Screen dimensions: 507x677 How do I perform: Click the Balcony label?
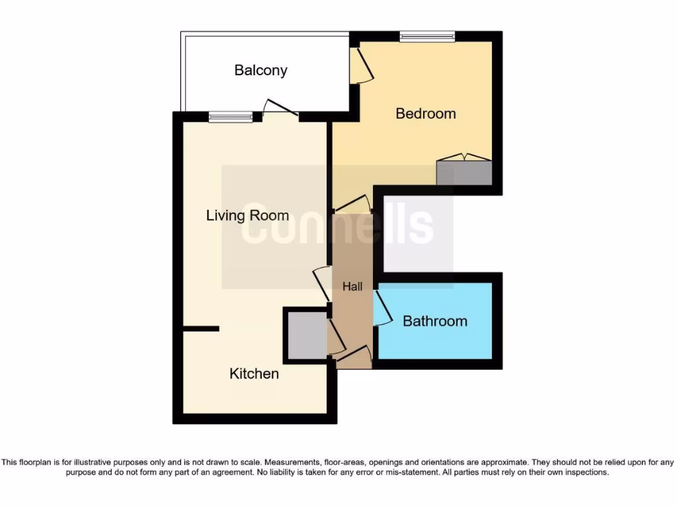pos(260,71)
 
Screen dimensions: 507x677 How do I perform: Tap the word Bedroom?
pos(425,114)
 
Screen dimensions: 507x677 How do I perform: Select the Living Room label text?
pos(247,216)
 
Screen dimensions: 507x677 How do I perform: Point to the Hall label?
pos(352,287)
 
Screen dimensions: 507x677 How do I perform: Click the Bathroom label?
pos(434,321)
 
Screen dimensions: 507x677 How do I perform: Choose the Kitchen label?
pos(254,374)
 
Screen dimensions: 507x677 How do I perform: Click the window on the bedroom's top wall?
pos(427,37)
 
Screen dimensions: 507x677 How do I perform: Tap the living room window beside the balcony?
pos(231,118)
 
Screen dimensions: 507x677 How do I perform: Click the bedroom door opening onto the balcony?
pos(360,66)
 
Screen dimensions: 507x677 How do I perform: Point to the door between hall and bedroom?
pos(353,205)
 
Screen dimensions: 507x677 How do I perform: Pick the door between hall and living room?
pos(322,284)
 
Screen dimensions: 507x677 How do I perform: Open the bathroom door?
pos(381,308)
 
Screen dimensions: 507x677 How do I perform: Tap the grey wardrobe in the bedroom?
pos(464,172)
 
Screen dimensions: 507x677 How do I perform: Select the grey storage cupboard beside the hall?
pos(306,335)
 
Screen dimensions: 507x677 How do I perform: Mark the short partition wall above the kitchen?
pos(201,328)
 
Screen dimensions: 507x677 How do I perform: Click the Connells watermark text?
pos(337,226)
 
